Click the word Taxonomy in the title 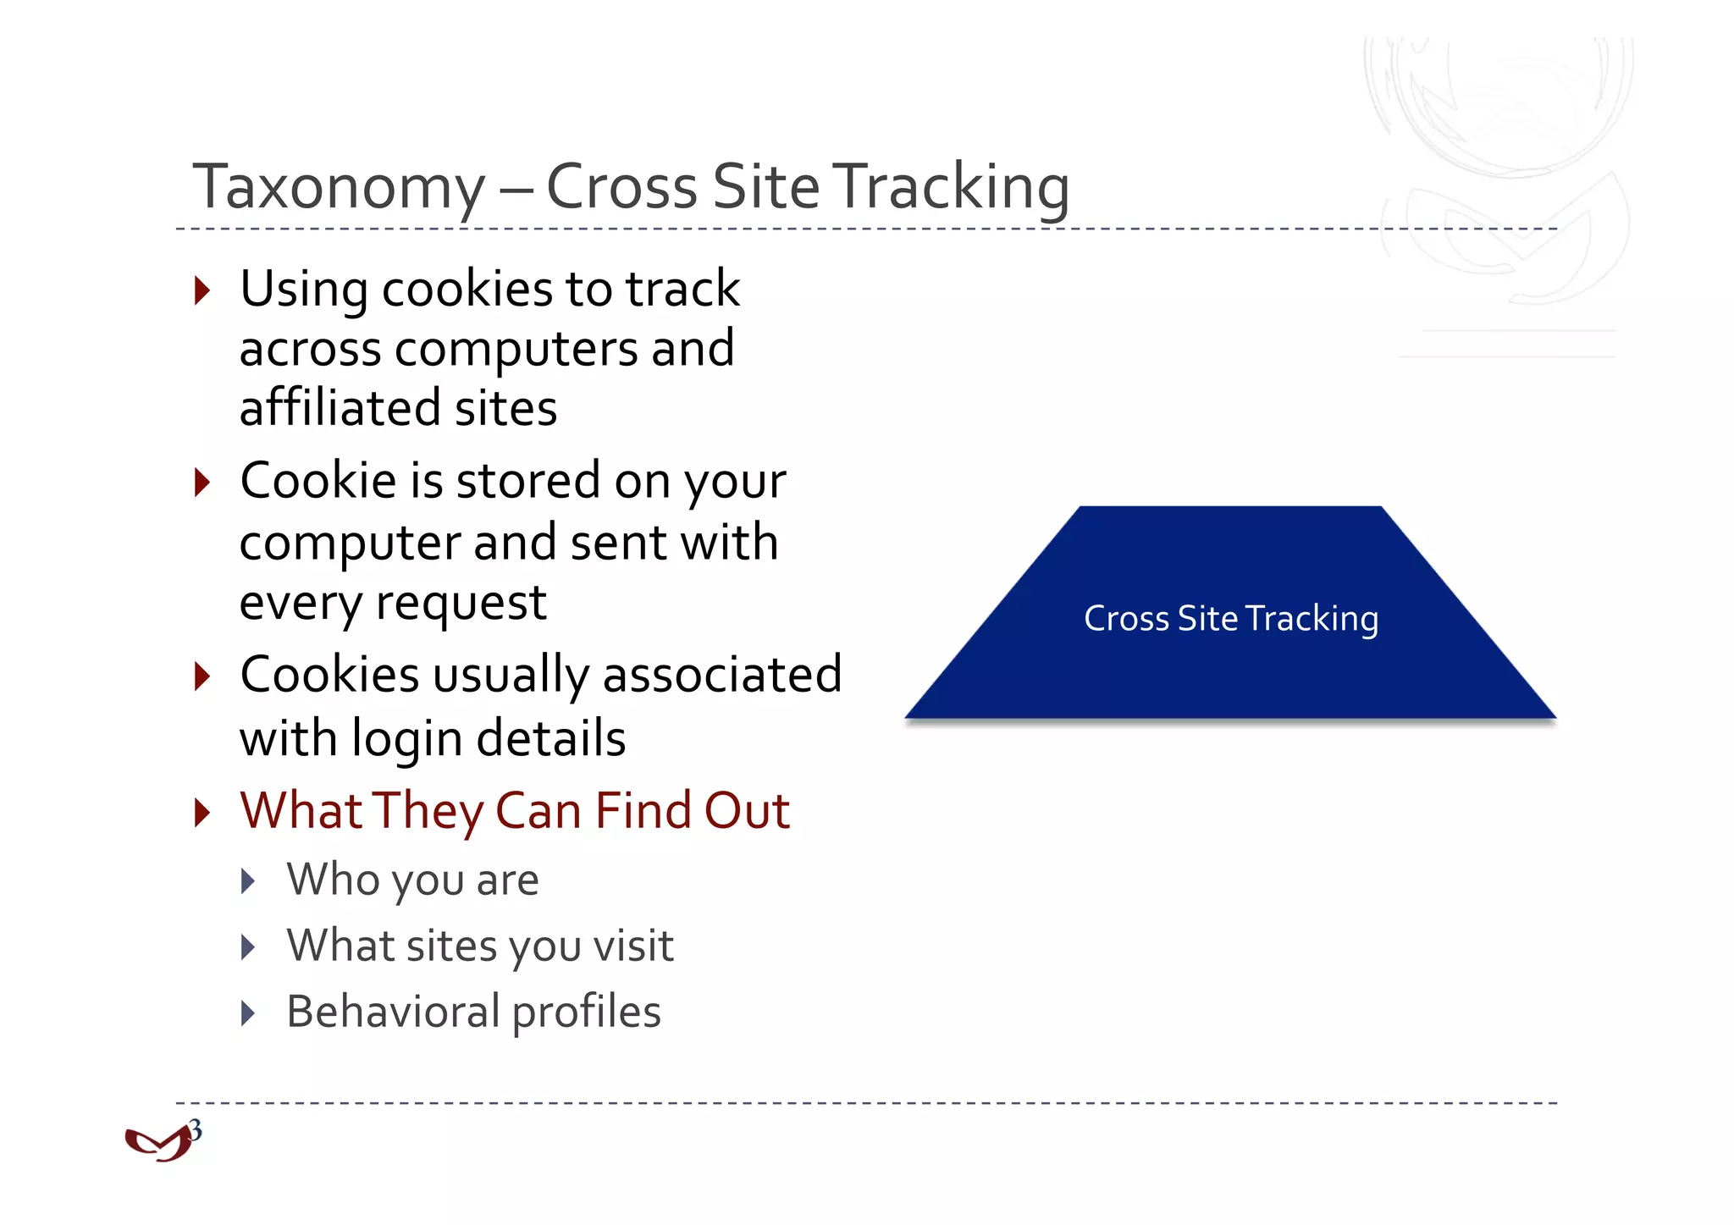click(339, 188)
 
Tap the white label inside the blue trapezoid click(1230, 619)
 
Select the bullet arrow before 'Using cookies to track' click(202, 290)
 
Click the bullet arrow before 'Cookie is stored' click(202, 483)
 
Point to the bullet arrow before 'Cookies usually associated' click(202, 676)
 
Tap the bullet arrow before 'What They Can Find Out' click(202, 812)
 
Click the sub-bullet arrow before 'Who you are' click(248, 881)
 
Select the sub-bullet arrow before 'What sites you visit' click(248, 947)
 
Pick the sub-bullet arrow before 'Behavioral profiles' click(248, 1013)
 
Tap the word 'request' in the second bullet click(461, 604)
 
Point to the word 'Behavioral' click(394, 1012)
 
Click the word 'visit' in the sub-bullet click(633, 946)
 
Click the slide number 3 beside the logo click(196, 1130)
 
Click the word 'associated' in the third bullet click(721, 676)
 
